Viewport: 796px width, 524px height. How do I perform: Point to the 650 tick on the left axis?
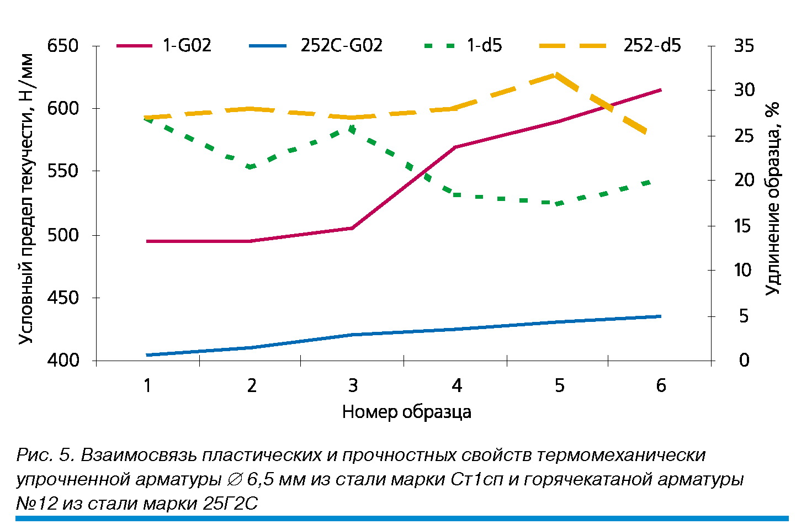tap(63, 46)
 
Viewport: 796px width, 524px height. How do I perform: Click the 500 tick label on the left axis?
tap(63, 235)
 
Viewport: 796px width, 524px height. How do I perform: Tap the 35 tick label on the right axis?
tap(744, 46)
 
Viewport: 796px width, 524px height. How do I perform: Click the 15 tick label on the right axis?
tap(744, 226)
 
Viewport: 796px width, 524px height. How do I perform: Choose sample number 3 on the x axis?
tap(353, 385)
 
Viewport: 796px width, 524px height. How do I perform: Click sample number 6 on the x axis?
tap(661, 385)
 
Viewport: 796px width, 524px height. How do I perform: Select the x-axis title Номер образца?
tap(406, 412)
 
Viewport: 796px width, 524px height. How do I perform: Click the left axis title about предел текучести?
tap(26, 199)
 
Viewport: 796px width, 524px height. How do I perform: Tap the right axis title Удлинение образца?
tap(772, 199)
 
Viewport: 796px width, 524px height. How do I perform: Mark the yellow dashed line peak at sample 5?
tap(555, 74)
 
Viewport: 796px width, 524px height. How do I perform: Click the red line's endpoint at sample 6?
tap(660, 89)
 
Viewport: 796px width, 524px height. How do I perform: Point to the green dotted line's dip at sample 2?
tap(251, 167)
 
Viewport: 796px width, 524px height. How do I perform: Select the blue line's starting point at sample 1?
tap(147, 355)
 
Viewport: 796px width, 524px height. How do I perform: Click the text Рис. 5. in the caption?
tap(45, 455)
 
